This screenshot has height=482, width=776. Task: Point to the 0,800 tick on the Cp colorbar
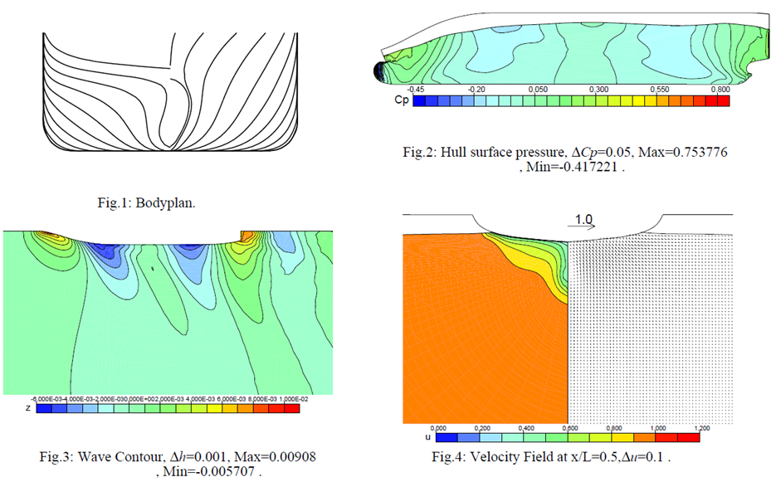(x=720, y=89)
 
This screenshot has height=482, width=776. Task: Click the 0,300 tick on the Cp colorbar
(x=598, y=89)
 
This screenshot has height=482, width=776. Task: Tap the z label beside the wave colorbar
(x=7, y=408)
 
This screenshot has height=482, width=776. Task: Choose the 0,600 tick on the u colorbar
(x=569, y=427)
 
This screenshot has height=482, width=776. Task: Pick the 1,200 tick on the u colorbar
(x=701, y=427)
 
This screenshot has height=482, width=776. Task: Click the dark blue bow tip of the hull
(x=379, y=71)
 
